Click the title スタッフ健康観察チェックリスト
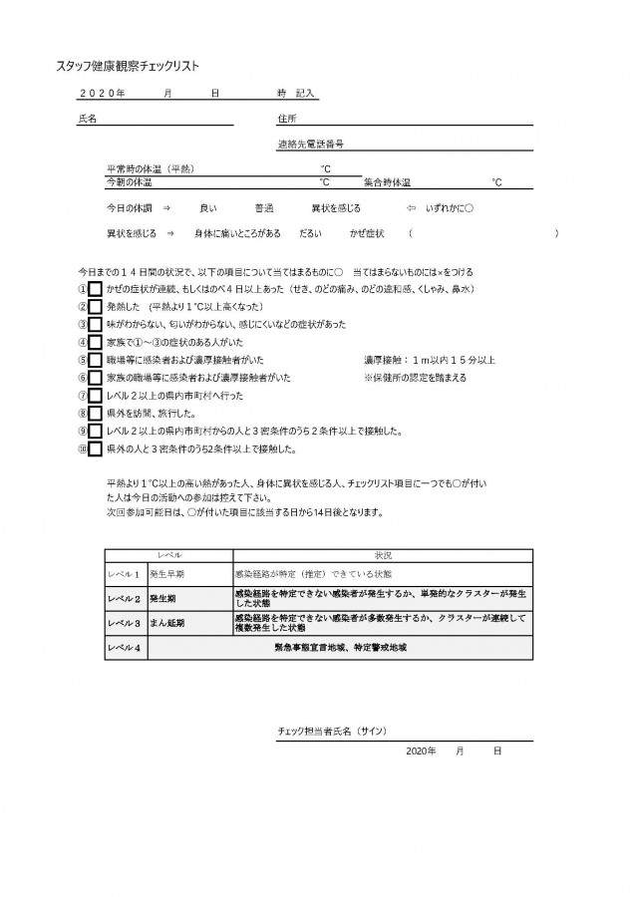click(128, 66)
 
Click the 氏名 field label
click(87, 118)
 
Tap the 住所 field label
click(287, 118)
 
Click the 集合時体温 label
click(388, 183)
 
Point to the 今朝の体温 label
click(130, 183)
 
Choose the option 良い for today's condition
click(207, 208)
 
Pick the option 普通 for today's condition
click(264, 208)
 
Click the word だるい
click(310, 232)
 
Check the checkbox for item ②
click(95, 307)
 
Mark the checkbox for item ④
click(95, 343)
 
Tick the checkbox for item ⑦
click(95, 396)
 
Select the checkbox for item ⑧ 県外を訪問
click(95, 414)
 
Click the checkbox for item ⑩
click(95, 449)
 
